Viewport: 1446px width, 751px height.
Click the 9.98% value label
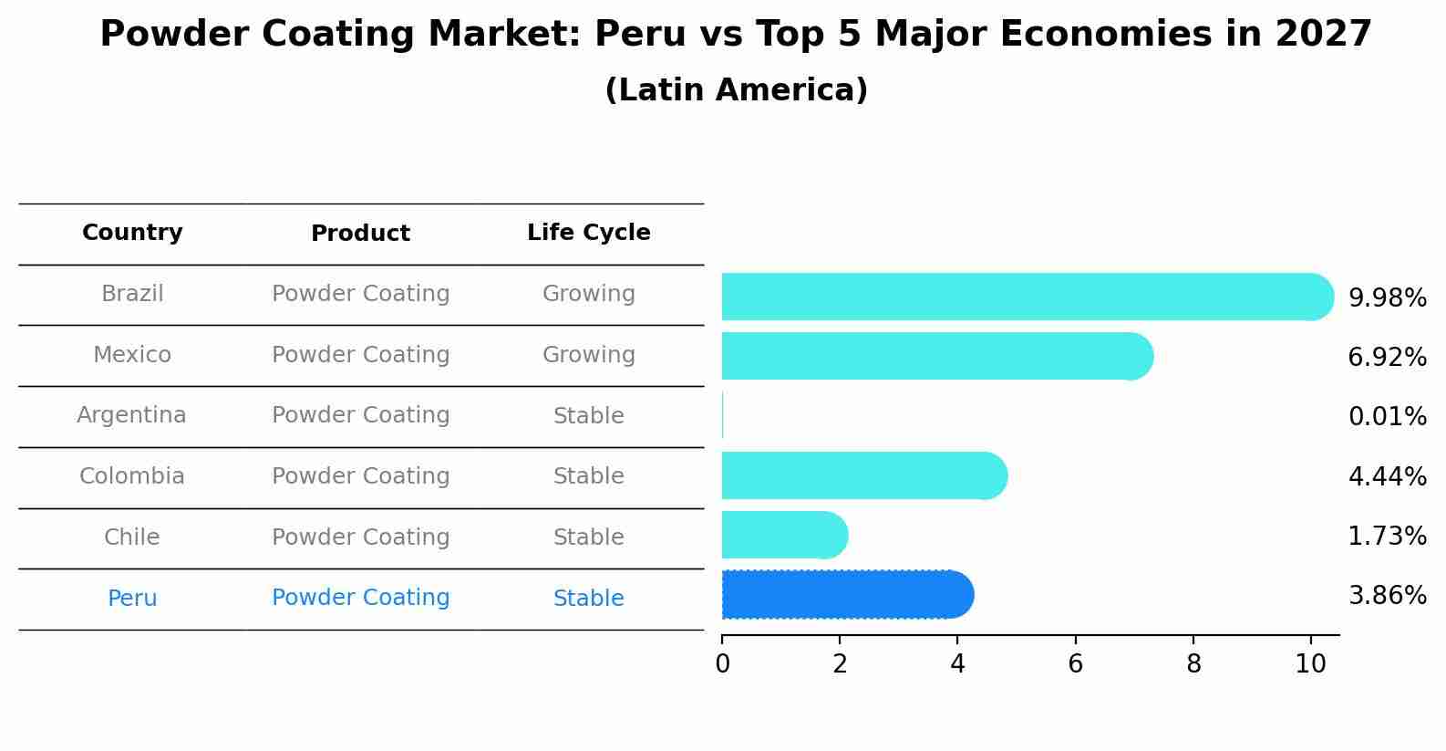click(x=1387, y=298)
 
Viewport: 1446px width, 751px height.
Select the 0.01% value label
click(x=1387, y=417)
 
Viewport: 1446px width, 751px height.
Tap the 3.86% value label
click(x=1387, y=596)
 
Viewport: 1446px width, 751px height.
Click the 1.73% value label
click(x=1387, y=537)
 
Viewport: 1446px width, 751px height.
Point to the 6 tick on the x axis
click(x=1075, y=664)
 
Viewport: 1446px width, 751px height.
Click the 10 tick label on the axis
click(x=1310, y=664)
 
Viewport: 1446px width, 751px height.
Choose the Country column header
click(x=132, y=233)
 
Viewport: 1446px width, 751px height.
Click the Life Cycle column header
click(x=588, y=233)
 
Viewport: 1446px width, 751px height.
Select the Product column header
click(x=360, y=234)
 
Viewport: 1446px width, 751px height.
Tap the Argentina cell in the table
click(x=131, y=415)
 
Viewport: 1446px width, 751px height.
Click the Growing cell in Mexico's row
click(x=588, y=355)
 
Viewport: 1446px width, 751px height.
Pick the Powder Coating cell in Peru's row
click(x=360, y=598)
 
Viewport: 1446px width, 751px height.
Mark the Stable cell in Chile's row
click(x=588, y=537)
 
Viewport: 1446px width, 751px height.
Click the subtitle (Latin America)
click(x=736, y=90)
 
